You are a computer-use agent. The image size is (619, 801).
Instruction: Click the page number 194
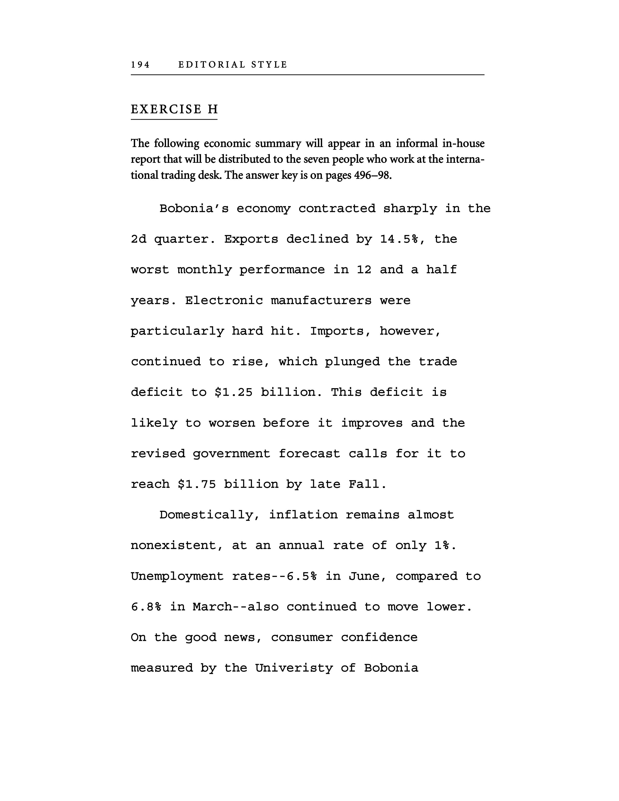[x=141, y=65]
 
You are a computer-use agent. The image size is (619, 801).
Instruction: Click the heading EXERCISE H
[x=174, y=109]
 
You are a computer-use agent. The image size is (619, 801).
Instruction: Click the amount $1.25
[x=234, y=392]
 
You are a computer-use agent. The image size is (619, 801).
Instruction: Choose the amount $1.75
[x=197, y=484]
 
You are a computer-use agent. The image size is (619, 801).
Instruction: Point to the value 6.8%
[x=146, y=607]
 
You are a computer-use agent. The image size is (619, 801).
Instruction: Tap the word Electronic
[x=224, y=301]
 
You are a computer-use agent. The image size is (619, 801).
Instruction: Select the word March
[x=213, y=607]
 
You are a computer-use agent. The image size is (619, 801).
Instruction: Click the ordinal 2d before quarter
[x=139, y=239]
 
